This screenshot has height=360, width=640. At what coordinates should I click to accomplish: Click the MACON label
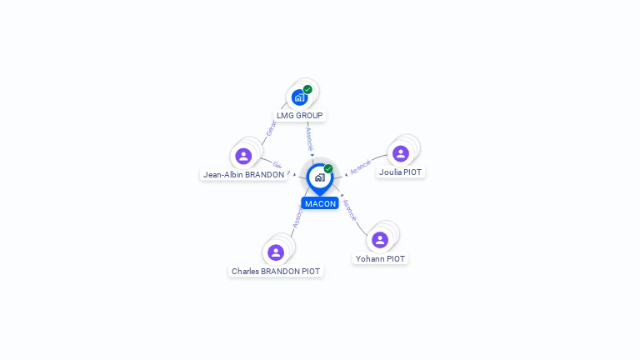point(320,203)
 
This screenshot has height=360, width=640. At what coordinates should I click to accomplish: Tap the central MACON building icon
point(319,177)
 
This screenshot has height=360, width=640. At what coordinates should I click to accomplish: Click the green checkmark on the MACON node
point(328,168)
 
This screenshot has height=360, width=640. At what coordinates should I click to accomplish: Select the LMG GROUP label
point(299,115)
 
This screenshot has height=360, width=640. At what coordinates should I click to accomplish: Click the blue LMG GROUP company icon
point(299,97)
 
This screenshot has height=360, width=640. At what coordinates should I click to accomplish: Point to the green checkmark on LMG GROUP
point(307,89)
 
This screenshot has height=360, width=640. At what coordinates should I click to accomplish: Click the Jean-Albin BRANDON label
point(243,175)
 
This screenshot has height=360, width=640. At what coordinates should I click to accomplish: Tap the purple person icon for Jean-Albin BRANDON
point(243,156)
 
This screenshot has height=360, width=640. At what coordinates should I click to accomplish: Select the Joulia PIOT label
point(400,172)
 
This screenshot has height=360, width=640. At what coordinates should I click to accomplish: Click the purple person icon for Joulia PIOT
point(400,153)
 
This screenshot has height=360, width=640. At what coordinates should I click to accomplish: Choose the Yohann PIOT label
point(380,259)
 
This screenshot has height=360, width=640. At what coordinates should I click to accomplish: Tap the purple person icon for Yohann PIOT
point(380,240)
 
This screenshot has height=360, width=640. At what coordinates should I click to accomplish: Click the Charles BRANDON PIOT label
point(276,272)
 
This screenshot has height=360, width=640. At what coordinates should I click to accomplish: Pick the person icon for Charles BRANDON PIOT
point(276,252)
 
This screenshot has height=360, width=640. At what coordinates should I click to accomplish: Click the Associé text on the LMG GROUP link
point(309,136)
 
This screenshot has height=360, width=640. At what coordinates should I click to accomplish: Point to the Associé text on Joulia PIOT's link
point(360,167)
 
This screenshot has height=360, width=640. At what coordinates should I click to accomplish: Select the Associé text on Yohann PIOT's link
point(349,210)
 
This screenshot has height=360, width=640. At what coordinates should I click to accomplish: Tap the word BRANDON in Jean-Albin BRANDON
point(264,175)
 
